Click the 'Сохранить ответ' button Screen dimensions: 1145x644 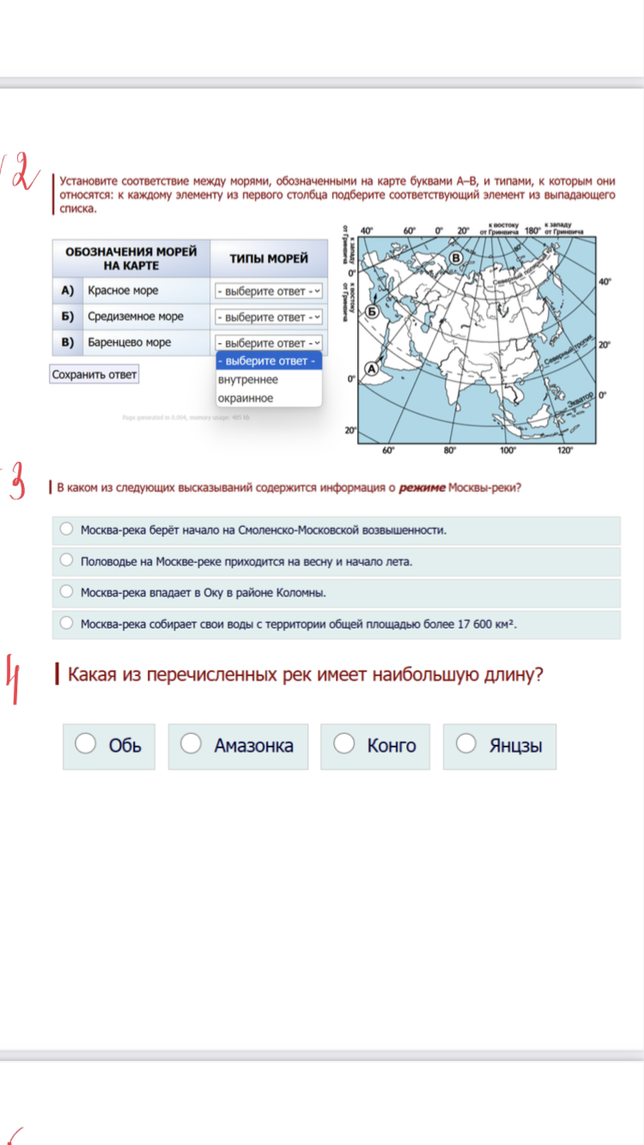coord(94,374)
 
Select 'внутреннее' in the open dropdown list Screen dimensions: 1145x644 coord(248,379)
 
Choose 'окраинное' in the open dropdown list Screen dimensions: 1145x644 coord(246,398)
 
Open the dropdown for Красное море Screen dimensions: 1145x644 coord(269,291)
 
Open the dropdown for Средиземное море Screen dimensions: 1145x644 coord(269,317)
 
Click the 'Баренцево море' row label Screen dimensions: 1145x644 coord(129,342)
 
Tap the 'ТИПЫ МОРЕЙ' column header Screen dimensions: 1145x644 coord(269,258)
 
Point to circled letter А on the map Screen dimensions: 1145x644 coord(372,367)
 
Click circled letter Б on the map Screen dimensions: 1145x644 coord(372,311)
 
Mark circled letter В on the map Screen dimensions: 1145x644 coord(456,257)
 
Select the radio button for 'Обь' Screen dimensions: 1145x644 coord(86,744)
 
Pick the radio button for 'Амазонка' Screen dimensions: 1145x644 coord(191,744)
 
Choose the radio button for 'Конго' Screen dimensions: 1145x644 coord(344,744)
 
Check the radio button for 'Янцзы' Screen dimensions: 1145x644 coord(466,744)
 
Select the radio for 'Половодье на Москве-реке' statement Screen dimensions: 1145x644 coord(66,560)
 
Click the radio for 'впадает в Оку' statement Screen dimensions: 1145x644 coord(66,591)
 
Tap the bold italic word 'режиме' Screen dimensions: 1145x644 coord(422,488)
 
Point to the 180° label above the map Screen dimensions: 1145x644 coord(532,230)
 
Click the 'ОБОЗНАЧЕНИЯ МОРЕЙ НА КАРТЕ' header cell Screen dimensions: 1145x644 coord(131,258)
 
